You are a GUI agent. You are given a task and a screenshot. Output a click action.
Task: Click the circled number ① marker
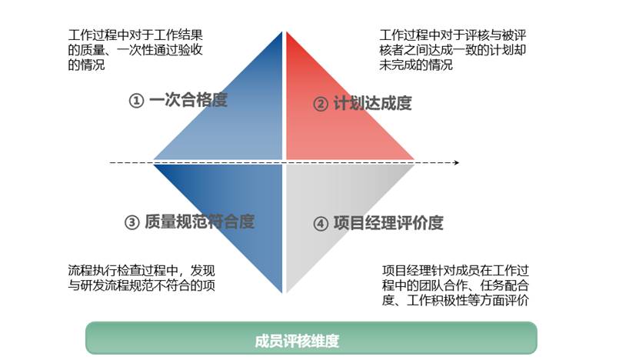click(x=136, y=101)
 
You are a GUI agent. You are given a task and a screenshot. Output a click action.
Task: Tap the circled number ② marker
click(x=321, y=104)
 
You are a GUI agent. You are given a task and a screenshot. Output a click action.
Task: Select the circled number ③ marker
click(x=131, y=222)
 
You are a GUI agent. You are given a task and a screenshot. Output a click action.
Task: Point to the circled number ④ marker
click(x=321, y=223)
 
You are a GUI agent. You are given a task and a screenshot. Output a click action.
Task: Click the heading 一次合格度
click(x=188, y=100)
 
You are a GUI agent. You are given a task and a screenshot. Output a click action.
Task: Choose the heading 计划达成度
click(x=372, y=103)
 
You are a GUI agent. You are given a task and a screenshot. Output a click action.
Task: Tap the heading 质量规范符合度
click(x=200, y=222)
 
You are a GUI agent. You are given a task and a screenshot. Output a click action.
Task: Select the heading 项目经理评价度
click(x=388, y=223)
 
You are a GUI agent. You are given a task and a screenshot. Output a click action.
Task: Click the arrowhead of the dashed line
click(x=457, y=162)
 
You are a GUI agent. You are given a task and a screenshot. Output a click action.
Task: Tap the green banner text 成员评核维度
click(x=297, y=341)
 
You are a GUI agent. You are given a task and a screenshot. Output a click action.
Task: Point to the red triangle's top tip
click(x=287, y=32)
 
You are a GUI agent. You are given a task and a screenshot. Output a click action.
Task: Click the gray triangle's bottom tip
click(x=287, y=293)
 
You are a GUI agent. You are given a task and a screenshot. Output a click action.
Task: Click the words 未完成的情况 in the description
click(x=416, y=65)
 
